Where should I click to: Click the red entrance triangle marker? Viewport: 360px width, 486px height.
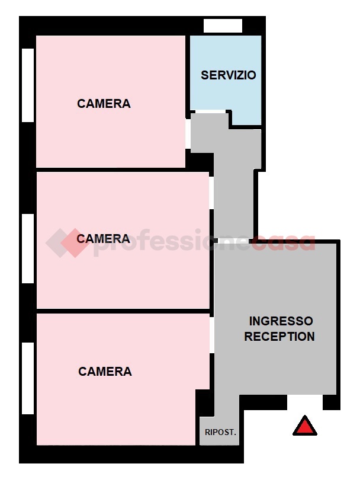tap(305, 426)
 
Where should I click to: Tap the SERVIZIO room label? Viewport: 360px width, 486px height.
tap(229, 75)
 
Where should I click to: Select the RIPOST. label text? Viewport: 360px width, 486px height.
tap(220, 432)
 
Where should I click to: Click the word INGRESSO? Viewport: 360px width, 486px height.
tap(281, 321)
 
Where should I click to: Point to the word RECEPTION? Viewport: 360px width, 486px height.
tap(279, 336)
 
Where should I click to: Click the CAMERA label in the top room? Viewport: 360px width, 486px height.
tap(104, 104)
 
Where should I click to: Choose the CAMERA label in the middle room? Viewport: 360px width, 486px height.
tap(104, 239)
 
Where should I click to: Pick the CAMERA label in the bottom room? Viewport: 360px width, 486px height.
tap(105, 372)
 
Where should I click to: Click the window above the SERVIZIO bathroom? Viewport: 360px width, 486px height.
tap(223, 25)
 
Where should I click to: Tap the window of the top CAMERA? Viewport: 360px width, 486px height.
tap(28, 85)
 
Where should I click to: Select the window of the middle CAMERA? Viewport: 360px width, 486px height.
tap(28, 248)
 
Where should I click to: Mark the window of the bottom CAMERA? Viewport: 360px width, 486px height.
tap(28, 379)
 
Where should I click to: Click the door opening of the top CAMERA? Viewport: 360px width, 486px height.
tap(188, 133)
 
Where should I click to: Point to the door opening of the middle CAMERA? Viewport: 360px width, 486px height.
tap(211, 193)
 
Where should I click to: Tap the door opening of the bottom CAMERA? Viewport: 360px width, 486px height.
tap(212, 335)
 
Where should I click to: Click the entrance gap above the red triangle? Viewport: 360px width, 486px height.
tap(305, 402)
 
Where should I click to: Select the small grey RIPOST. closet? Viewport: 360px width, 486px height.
tap(219, 431)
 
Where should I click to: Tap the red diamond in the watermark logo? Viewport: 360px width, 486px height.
tap(75, 243)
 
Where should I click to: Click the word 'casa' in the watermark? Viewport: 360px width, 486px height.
tap(283, 242)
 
